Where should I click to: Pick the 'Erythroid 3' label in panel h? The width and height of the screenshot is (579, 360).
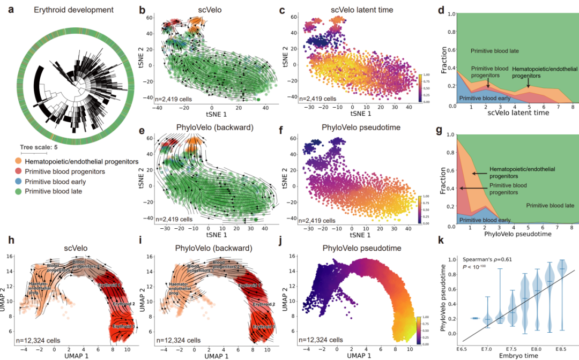pos(121,326)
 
